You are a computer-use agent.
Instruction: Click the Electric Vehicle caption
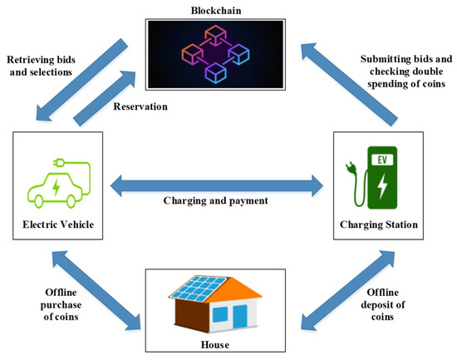pyautogui.click(x=57, y=223)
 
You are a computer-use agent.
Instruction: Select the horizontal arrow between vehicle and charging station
pyautogui.click(x=220, y=182)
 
